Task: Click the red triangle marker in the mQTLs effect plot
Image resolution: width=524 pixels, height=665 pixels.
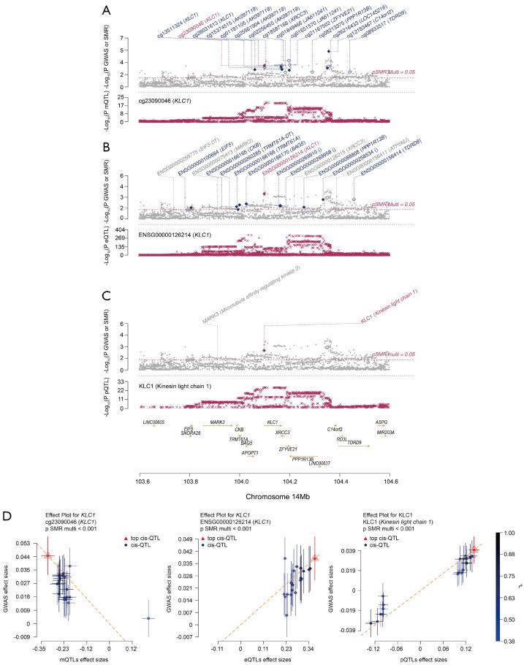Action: tap(49, 555)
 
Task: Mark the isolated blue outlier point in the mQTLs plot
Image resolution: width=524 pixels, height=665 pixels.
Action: tap(148, 598)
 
